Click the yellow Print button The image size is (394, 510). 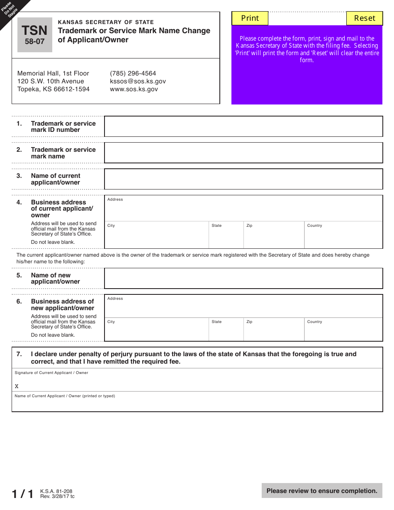250,18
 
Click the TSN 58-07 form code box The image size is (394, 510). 35,35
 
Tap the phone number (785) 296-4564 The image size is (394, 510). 133,73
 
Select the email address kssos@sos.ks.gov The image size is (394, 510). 138,81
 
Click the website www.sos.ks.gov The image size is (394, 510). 134,89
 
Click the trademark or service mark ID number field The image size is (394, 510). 243,126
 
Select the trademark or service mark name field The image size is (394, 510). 243,153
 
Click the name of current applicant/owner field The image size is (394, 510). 243,179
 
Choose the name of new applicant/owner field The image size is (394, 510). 243,278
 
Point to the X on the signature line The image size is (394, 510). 17,386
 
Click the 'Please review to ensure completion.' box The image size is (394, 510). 322,491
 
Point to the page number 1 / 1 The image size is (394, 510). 22,494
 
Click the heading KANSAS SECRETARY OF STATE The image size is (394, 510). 106,22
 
